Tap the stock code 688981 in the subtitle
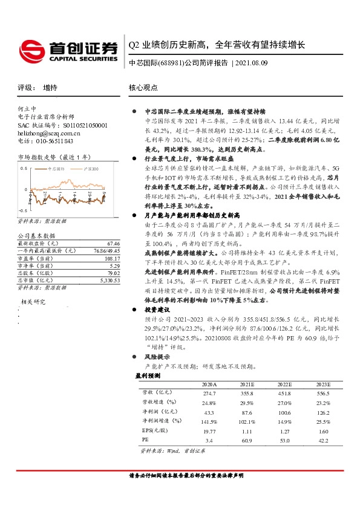(x=175, y=62)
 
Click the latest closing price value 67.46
(x=114, y=242)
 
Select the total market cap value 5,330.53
(x=110, y=282)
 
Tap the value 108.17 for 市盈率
(x=113, y=258)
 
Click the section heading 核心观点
(x=143, y=88)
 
